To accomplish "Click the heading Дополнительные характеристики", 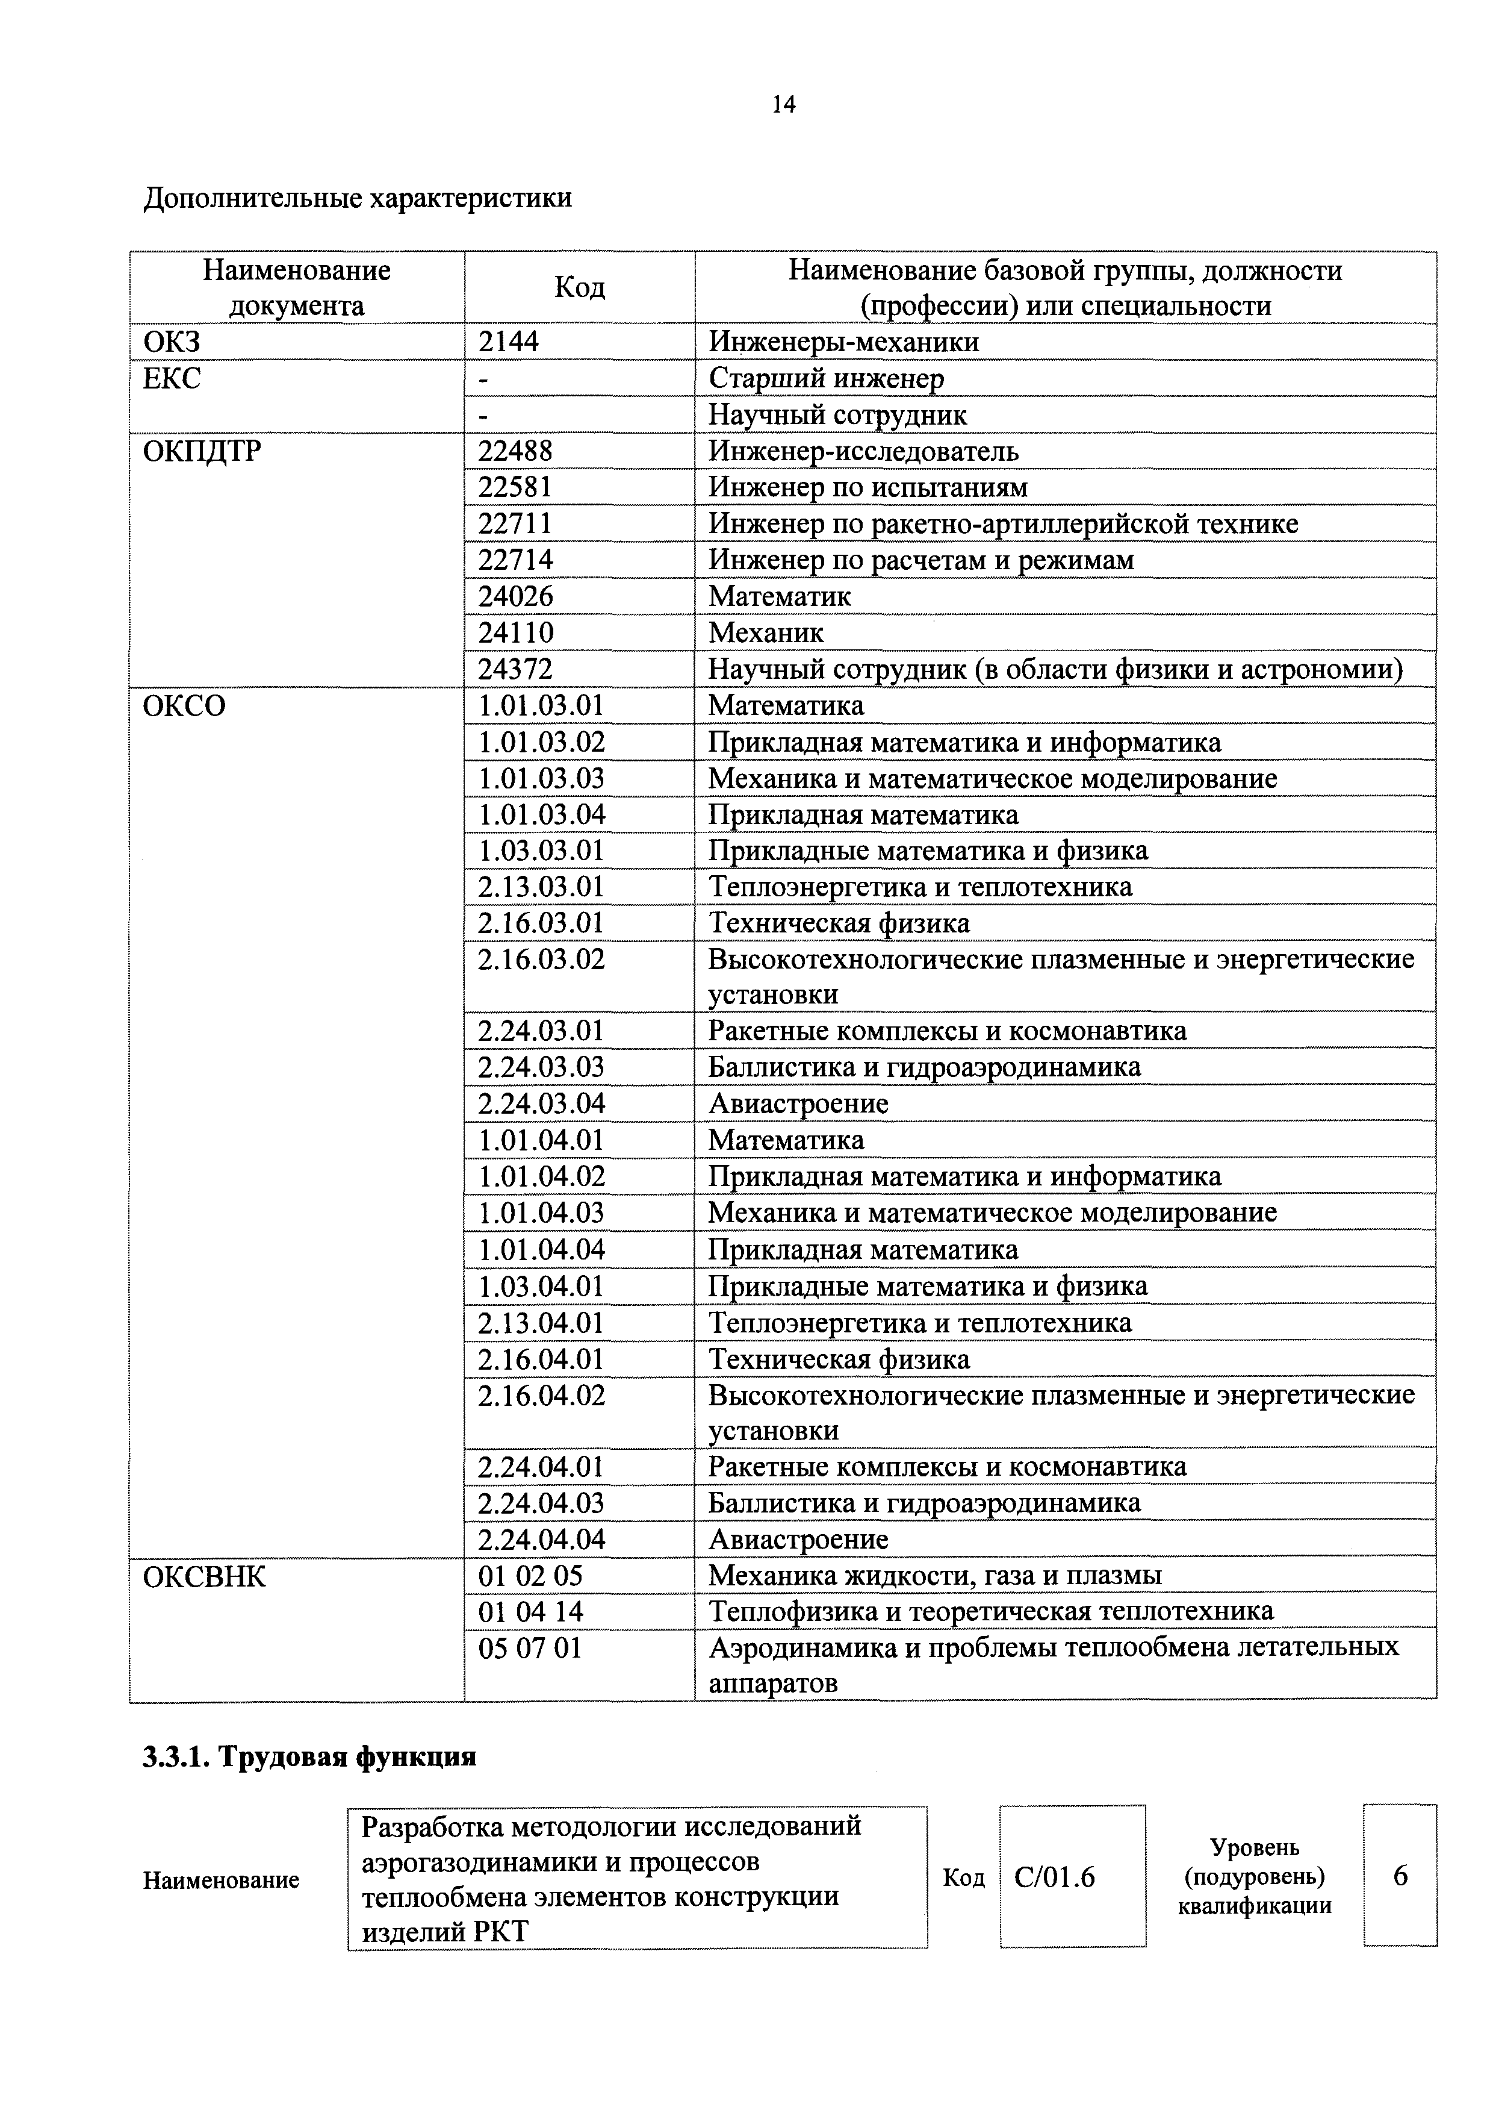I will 358,198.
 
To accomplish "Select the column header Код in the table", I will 580,288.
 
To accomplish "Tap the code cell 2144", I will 509,342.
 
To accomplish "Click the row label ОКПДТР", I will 202,451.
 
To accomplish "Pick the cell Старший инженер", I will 825,378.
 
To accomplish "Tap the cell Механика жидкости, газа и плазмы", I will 934,1576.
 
